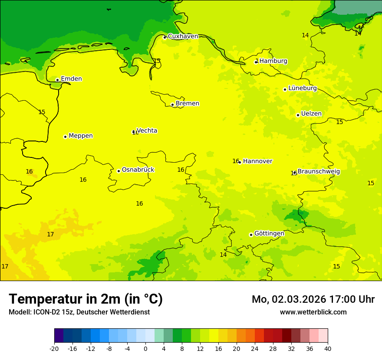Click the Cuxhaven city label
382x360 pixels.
[183, 36]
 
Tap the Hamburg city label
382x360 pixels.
[273, 61]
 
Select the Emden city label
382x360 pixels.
[71, 79]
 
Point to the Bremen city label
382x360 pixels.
[187, 104]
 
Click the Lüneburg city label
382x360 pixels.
[302, 88]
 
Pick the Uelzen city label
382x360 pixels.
[311, 114]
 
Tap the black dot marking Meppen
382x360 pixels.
[65, 137]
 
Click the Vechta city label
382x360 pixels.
[147, 131]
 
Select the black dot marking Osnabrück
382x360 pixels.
[119, 171]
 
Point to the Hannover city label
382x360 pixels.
[257, 161]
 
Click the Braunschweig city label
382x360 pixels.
[319, 172]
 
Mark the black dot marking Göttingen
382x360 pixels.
[251, 235]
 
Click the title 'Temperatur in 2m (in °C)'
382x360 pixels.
[86, 299]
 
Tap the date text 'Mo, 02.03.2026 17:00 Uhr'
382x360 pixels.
[313, 299]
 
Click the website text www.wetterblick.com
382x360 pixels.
[313, 312]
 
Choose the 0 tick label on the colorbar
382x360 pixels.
[145, 348]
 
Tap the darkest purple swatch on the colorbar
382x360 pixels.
[59, 336]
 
